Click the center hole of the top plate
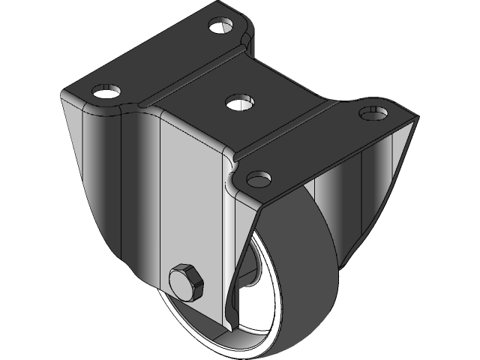(238, 100)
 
